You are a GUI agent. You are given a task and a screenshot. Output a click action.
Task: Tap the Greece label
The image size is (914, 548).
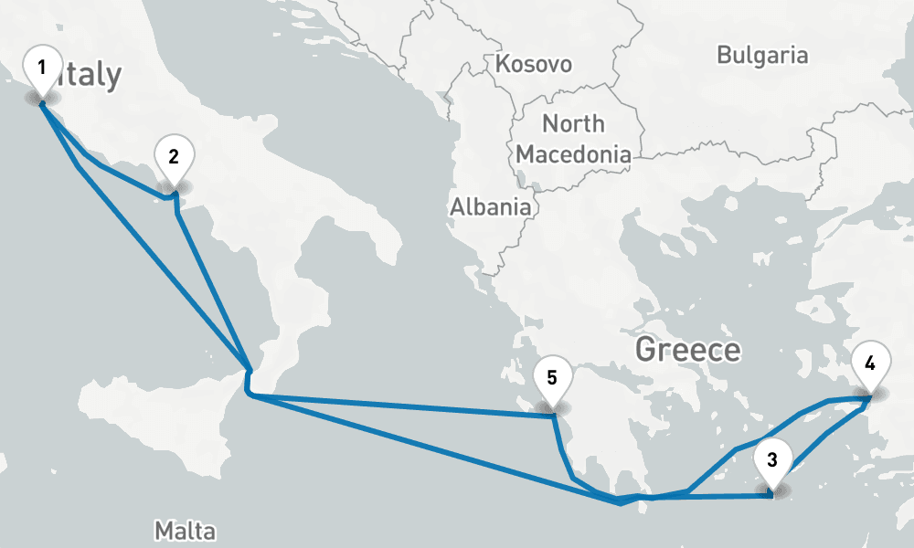687,349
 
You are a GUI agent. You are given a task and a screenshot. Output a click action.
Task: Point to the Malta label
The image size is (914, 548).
185,531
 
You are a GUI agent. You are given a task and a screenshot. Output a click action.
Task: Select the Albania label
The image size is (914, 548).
490,207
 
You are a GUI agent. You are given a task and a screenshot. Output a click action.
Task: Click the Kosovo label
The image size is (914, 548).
534,64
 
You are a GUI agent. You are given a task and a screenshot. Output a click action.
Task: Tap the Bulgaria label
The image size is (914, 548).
762,55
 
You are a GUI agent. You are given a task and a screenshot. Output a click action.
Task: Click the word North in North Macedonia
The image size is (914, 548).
573,123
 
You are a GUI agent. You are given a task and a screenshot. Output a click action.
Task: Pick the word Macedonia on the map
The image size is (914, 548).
573,154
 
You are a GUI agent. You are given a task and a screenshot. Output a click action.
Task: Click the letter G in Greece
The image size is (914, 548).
646,349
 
